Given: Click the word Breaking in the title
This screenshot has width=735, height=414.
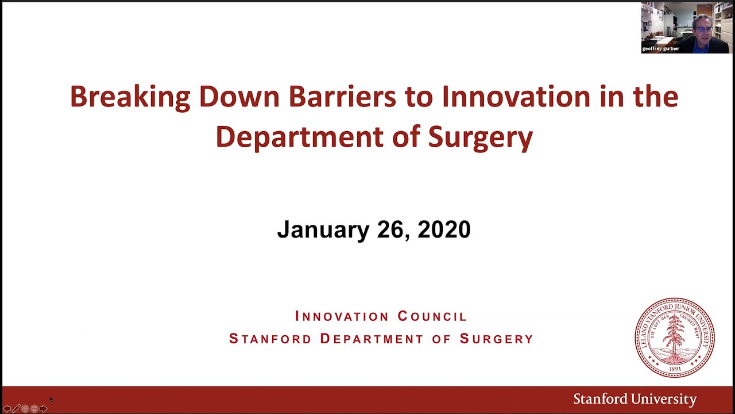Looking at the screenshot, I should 130,97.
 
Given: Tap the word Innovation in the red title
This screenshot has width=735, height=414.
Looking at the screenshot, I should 516,97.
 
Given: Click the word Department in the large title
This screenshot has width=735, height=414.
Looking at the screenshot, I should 299,137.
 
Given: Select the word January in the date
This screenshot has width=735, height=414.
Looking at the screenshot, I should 323,229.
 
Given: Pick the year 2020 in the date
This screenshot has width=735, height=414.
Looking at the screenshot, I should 444,229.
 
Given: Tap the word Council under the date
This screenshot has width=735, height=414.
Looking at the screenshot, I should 432,316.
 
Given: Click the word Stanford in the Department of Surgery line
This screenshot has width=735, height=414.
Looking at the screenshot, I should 270,339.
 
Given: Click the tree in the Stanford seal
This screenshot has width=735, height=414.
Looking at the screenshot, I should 675,336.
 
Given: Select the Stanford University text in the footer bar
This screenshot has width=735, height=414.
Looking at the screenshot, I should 635,399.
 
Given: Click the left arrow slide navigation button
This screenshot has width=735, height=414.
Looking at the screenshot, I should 7,408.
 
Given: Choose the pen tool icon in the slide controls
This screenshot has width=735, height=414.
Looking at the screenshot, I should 16,408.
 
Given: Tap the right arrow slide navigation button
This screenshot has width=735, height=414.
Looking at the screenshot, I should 43,408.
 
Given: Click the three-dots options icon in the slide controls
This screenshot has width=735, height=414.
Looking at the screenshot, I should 34,408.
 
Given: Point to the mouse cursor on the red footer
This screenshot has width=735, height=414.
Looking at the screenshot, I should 51,400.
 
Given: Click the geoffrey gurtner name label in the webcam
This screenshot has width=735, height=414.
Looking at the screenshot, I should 660,49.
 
